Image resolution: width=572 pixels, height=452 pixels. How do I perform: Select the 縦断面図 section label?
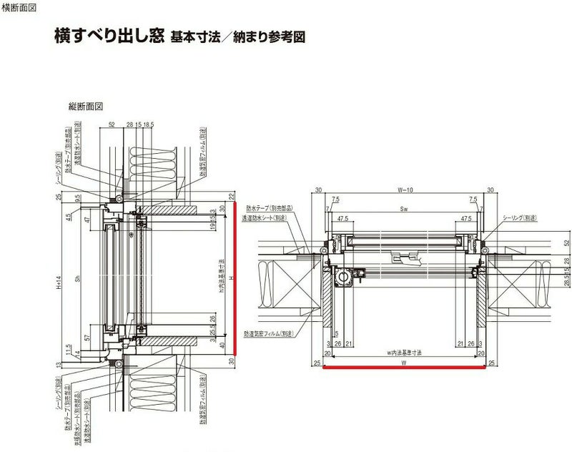pos(86,107)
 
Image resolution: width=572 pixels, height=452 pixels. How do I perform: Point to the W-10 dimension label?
pos(405,190)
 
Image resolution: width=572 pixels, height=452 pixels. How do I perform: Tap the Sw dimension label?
pos(405,209)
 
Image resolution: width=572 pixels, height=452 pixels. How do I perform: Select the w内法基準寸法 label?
pos(404,353)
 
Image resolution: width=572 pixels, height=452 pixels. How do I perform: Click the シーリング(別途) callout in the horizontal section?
pos(520,216)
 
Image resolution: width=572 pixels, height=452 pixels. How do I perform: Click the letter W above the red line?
pos(405,363)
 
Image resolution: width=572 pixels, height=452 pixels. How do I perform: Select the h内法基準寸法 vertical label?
pos(222,276)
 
